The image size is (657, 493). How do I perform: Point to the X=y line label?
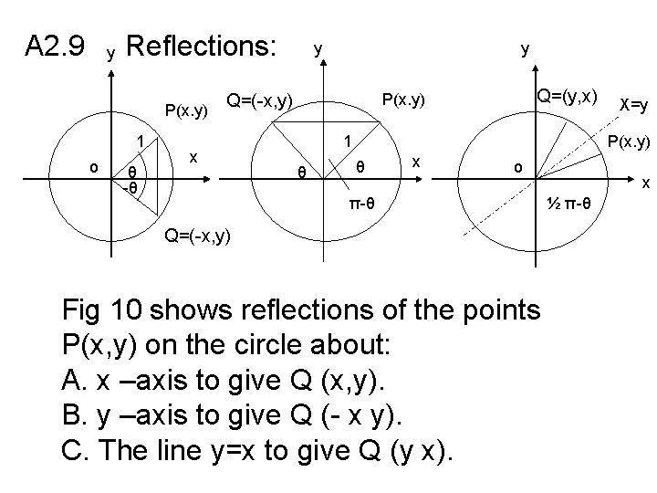[x=632, y=106]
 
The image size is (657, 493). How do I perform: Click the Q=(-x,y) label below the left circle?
[x=196, y=237]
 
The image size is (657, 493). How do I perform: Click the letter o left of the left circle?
[x=93, y=167]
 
